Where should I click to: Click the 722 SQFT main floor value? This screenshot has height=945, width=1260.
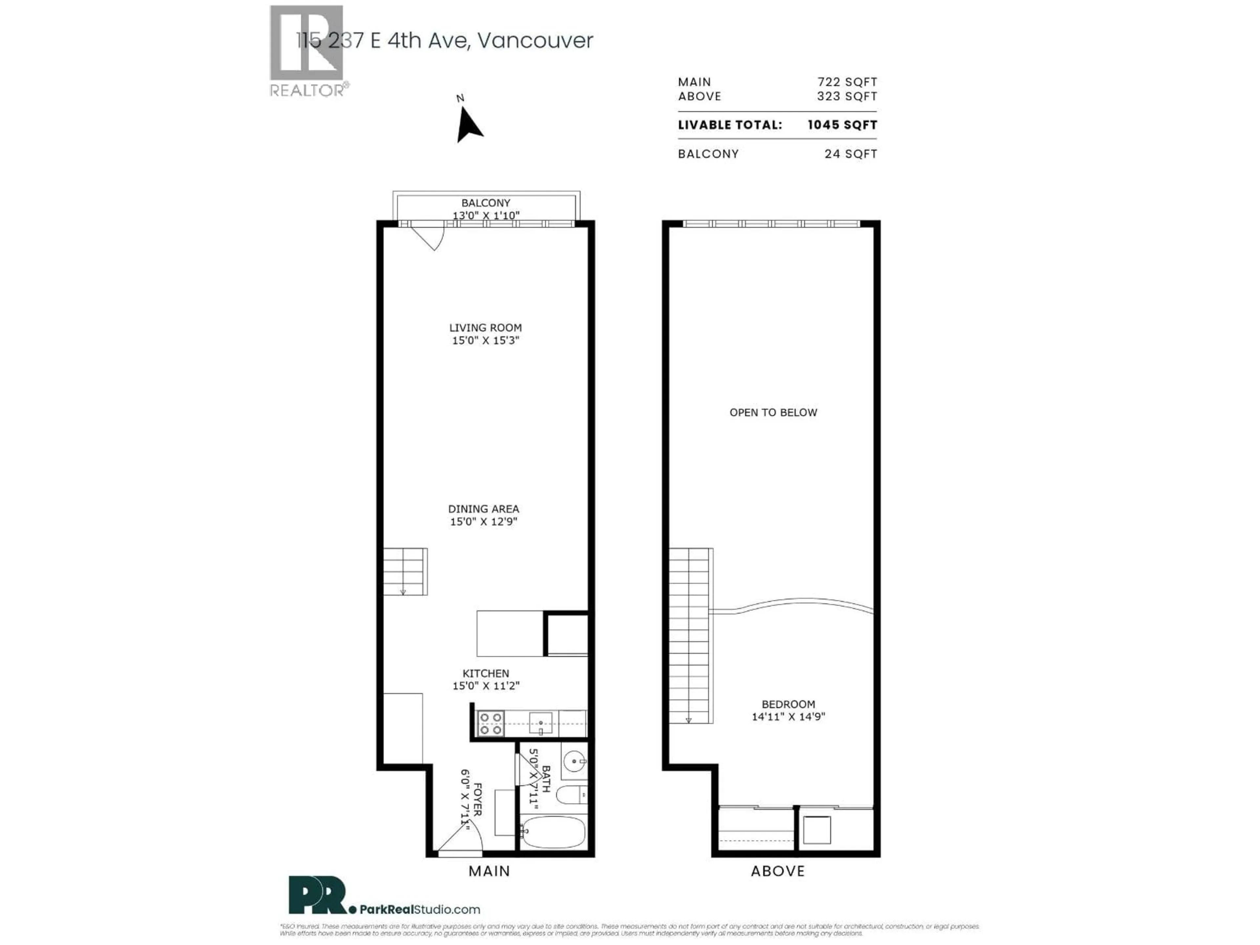coord(847,82)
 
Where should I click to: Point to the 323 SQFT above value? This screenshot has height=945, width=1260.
coord(847,96)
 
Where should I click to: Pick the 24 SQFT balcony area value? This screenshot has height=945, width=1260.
coord(850,154)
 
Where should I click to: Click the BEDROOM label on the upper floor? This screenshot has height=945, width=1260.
coord(788,704)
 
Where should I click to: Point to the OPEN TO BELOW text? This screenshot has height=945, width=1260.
coord(773,412)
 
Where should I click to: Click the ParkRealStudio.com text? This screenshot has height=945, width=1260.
coord(419,910)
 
